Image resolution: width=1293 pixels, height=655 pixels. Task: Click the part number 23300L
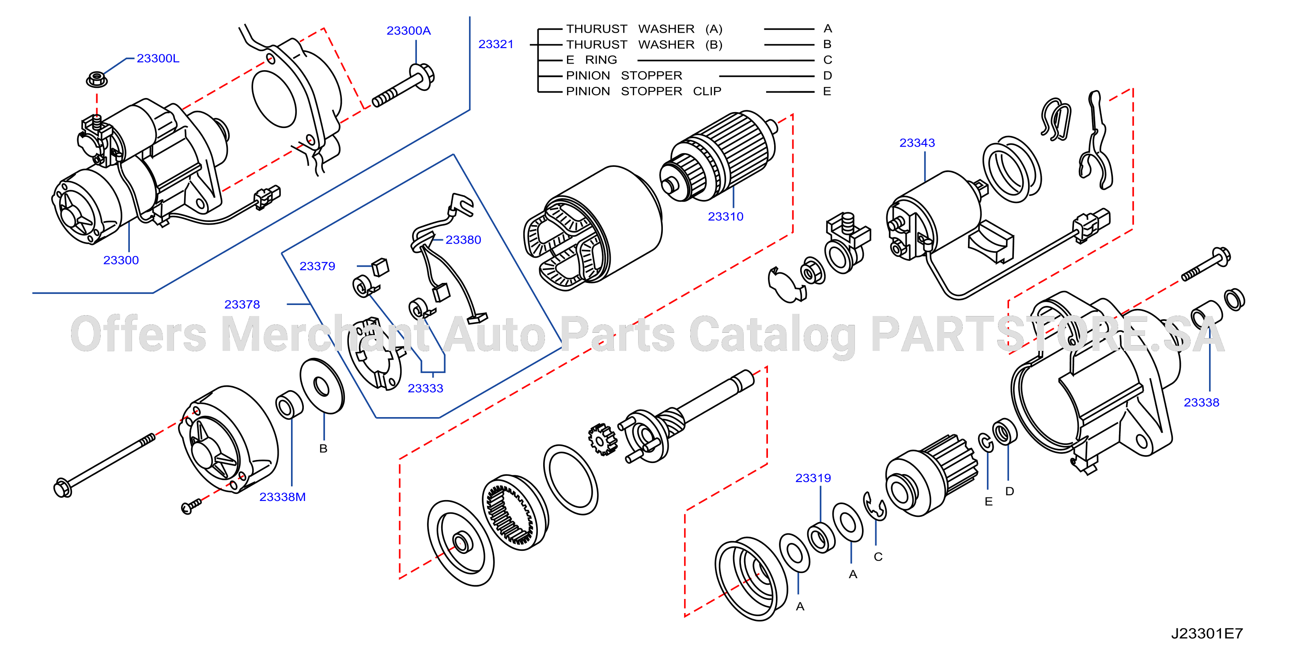[158, 59]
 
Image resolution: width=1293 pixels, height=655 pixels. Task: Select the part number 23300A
[408, 31]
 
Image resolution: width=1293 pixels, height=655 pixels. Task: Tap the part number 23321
[496, 45]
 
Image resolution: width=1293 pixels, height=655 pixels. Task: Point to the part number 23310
[725, 217]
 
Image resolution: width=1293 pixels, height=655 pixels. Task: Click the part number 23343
[917, 143]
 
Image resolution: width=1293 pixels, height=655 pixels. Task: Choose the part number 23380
[463, 240]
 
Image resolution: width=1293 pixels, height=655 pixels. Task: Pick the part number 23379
[317, 266]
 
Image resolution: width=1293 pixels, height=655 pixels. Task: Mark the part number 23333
[425, 389]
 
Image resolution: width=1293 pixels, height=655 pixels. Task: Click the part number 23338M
[283, 497]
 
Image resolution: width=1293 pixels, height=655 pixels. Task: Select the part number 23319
[813, 478]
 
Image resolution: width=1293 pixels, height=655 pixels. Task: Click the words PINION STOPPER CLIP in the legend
[644, 91]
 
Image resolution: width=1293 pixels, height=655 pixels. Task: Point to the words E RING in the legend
[592, 60]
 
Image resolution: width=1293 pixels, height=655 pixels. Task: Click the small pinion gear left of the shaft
[602, 440]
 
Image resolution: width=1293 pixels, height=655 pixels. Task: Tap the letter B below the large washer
[323, 449]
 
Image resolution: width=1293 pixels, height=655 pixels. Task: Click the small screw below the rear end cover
[191, 507]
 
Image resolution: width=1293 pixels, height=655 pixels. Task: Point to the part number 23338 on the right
[1201, 403]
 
